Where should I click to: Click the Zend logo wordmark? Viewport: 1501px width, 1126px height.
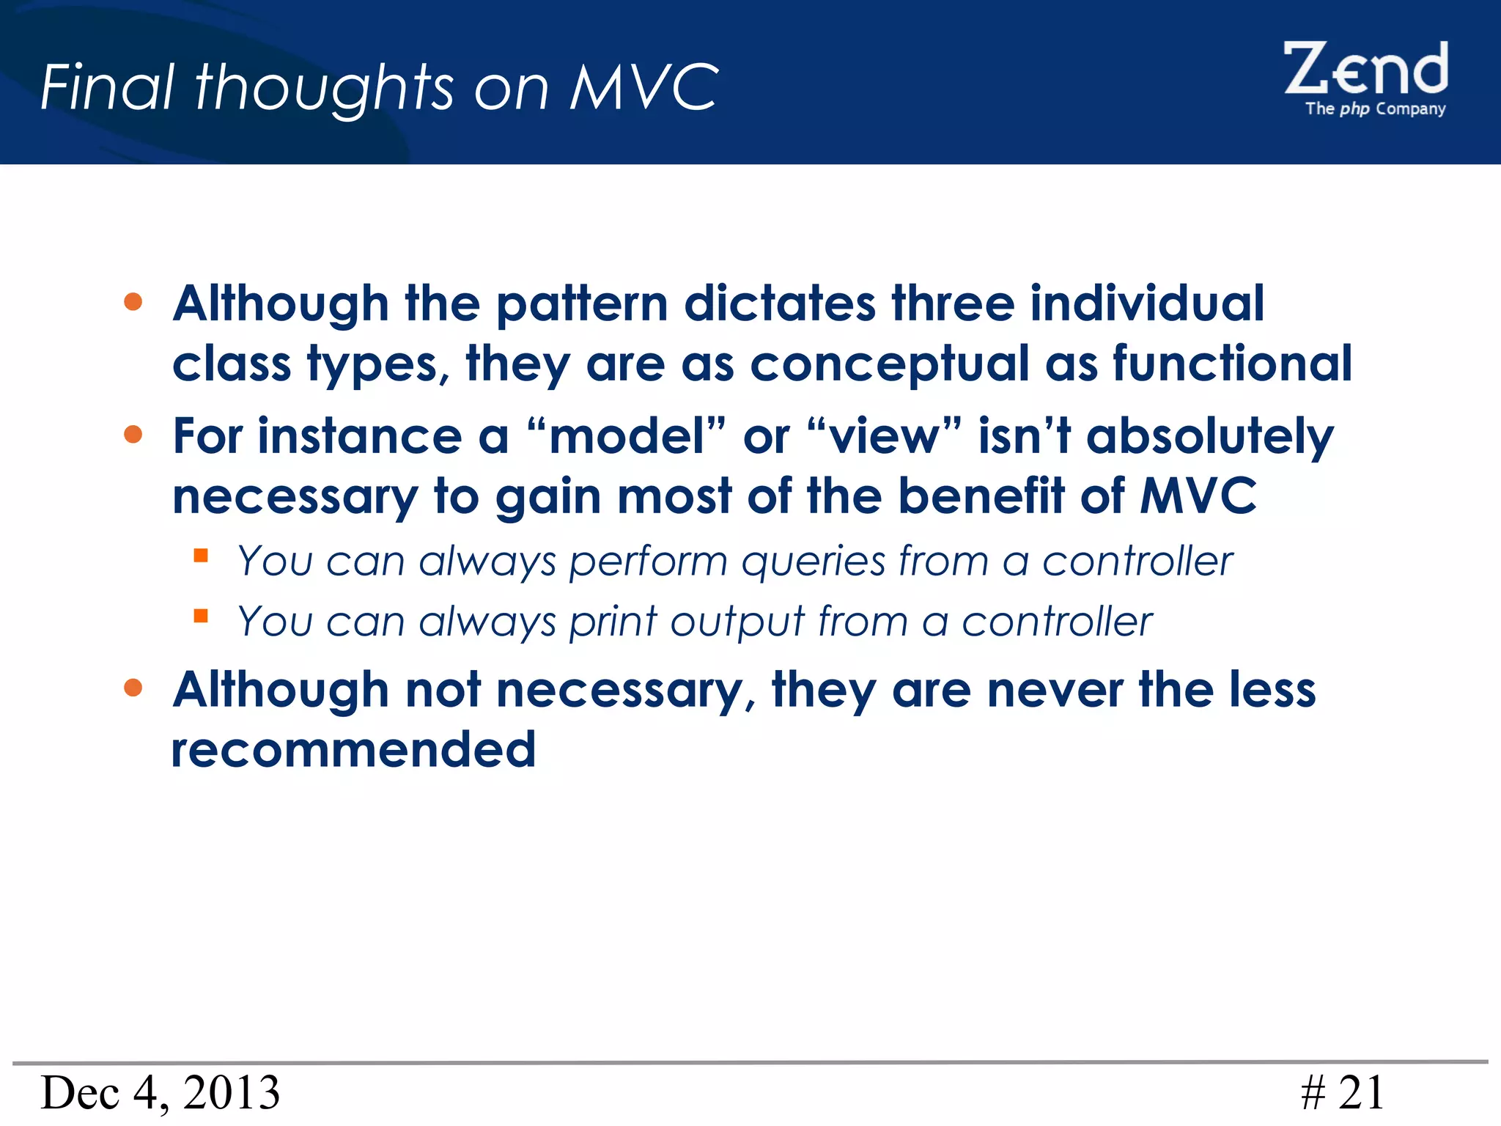coord(1365,69)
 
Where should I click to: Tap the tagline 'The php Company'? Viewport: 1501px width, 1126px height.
coord(1375,109)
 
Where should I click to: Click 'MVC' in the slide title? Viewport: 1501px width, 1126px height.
coord(644,87)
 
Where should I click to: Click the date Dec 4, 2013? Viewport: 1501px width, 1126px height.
coord(161,1092)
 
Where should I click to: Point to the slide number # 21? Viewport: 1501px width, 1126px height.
coord(1343,1092)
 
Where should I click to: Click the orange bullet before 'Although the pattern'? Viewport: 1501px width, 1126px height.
coord(133,302)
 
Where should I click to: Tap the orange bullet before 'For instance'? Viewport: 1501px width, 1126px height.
coord(133,435)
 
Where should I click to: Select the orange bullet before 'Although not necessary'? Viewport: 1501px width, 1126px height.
coord(133,688)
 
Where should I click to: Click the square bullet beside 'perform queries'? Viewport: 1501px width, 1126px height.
coord(201,555)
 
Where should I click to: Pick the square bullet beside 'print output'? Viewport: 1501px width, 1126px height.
coord(201,615)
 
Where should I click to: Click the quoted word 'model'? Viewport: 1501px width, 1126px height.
coord(627,437)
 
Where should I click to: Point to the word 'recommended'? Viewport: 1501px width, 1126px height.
coord(353,750)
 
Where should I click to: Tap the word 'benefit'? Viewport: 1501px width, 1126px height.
coord(981,496)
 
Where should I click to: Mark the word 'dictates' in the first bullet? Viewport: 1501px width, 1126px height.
coord(779,303)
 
